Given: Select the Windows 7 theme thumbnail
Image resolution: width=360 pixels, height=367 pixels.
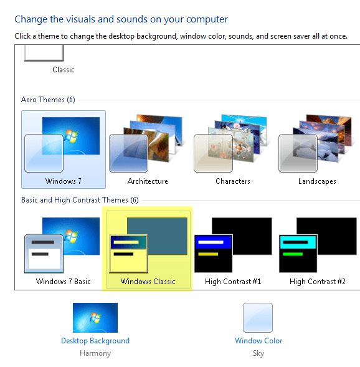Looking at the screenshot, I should (x=63, y=145).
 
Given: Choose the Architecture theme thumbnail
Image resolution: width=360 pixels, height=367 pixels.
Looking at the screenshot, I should (x=148, y=145).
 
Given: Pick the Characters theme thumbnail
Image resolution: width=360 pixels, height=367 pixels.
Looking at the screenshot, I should (x=232, y=145).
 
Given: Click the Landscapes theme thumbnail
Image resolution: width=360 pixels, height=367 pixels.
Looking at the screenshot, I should (x=317, y=145).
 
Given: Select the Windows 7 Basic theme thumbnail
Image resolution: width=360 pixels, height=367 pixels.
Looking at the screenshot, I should (x=63, y=244).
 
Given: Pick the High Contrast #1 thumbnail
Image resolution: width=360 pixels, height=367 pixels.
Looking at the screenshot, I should (x=233, y=244).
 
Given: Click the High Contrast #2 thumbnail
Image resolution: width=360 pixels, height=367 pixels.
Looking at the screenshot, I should (x=318, y=244).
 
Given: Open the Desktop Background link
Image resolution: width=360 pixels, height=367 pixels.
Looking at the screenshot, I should (x=95, y=341).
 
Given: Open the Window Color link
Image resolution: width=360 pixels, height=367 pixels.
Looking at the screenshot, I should (x=258, y=341).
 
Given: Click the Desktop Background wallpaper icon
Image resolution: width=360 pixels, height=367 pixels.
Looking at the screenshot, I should (x=95, y=318).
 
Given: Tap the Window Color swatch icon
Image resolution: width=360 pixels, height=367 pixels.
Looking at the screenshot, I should (x=258, y=318).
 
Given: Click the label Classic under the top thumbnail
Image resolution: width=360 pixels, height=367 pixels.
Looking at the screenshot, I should (x=64, y=70).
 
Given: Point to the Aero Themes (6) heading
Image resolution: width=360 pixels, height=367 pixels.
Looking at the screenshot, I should (x=48, y=100).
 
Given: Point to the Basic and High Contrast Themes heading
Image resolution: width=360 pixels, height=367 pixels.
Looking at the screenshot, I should (x=80, y=200).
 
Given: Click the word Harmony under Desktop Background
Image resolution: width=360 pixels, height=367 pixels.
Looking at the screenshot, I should (x=95, y=353).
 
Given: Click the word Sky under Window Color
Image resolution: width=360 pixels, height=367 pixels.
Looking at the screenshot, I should (x=258, y=353).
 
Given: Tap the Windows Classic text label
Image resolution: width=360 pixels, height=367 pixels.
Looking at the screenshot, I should (x=148, y=282).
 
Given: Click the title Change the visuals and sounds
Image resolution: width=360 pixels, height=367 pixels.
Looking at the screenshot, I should (x=121, y=19).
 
